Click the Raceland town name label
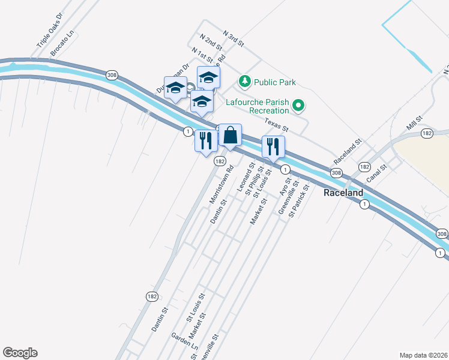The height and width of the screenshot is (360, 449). pyautogui.click(x=343, y=193)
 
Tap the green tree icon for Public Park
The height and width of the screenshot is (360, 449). pyautogui.click(x=244, y=81)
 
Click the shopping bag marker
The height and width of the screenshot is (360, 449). pyautogui.click(x=230, y=136)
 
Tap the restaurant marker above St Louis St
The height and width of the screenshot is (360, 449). pyautogui.click(x=273, y=148)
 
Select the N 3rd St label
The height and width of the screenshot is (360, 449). pyautogui.click(x=233, y=39)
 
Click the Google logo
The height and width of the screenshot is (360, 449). pyautogui.click(x=20, y=353)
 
